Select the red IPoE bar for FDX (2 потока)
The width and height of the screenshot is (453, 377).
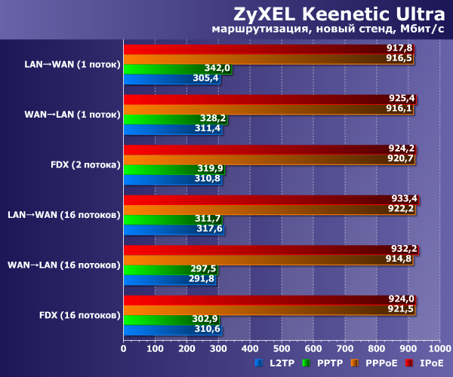[264, 149]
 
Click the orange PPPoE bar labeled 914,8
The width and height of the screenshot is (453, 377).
[264, 259]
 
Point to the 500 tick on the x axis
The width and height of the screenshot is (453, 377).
[282, 349]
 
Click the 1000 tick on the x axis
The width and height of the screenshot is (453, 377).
[439, 349]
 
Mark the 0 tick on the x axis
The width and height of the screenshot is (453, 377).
[124, 349]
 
